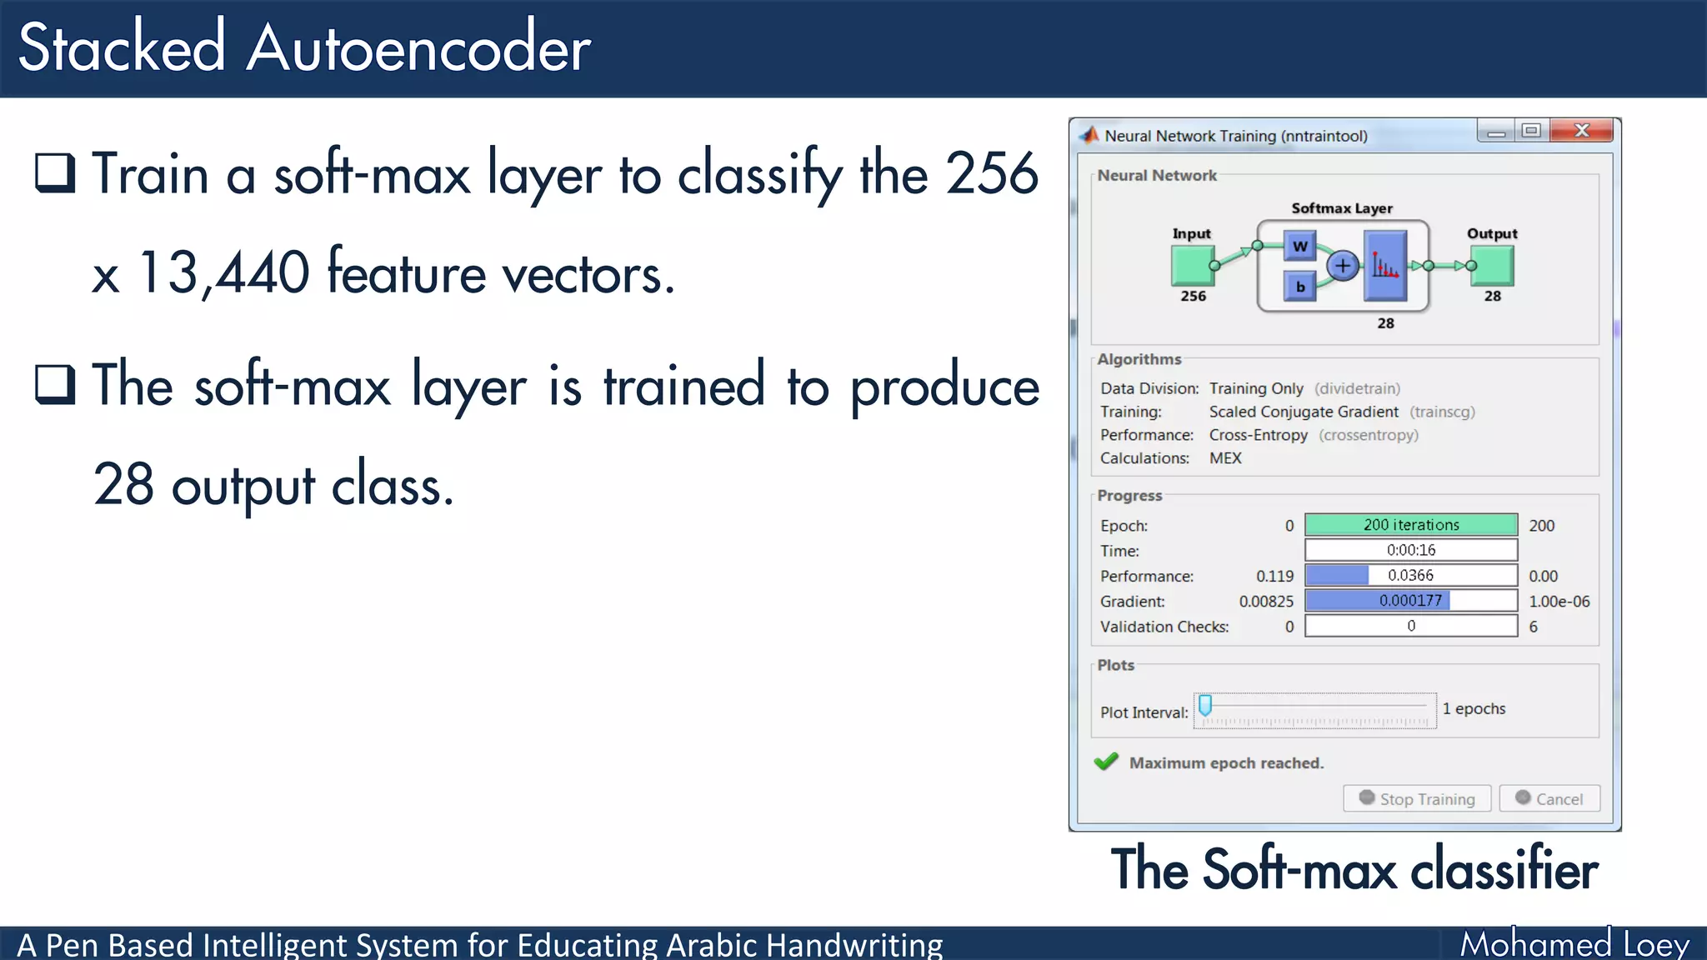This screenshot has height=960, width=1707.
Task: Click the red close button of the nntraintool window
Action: (x=1581, y=131)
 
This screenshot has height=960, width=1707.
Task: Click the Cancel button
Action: (x=1549, y=798)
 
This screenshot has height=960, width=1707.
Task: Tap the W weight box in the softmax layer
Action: (x=1299, y=247)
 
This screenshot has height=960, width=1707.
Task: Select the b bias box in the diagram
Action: (x=1299, y=287)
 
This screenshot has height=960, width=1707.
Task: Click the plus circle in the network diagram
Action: (x=1343, y=266)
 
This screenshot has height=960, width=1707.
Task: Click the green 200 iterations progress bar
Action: (x=1410, y=525)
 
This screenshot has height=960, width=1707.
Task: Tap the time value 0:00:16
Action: (x=1410, y=550)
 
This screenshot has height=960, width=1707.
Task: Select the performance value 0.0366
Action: (x=1410, y=576)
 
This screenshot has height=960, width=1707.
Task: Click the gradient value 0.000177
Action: (x=1410, y=601)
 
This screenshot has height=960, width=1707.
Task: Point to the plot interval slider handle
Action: (x=1205, y=706)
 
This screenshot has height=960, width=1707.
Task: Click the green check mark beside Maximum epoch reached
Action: (x=1106, y=762)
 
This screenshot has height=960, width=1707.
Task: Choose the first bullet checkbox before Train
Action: (x=55, y=173)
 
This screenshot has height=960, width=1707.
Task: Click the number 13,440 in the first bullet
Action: (x=224, y=273)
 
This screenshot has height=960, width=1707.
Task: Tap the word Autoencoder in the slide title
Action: (x=418, y=48)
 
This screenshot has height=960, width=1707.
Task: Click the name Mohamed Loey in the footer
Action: (x=1574, y=944)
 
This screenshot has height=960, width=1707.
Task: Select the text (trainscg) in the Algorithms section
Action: (x=1442, y=412)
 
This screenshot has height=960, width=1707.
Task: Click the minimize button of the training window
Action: (x=1496, y=132)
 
